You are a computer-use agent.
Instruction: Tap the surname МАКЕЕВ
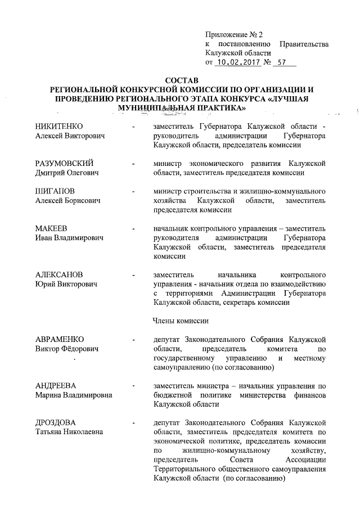coord(52,229)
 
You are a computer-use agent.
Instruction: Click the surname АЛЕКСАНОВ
coord(59,274)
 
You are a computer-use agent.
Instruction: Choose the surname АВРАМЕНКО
coord(60,340)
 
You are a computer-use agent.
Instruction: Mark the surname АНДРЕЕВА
coord(55,385)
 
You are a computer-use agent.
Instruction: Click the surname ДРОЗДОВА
coord(56,422)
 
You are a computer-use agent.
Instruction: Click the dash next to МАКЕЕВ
coord(133,229)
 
